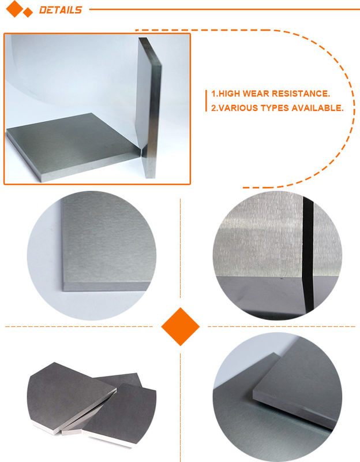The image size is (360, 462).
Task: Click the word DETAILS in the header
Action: tap(61, 10)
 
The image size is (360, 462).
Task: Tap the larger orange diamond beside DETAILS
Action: tap(14, 9)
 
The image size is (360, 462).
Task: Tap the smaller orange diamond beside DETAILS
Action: tap(28, 13)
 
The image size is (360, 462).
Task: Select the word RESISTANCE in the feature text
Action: tap(301, 94)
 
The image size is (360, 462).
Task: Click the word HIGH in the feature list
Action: tap(229, 94)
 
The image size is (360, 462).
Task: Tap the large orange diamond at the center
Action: tap(181, 326)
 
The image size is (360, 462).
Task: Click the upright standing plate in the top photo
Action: tap(149, 107)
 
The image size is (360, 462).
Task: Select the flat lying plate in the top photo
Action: tap(74, 146)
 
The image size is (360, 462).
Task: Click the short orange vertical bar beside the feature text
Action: tap(206, 100)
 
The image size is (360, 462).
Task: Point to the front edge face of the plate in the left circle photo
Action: tap(107, 286)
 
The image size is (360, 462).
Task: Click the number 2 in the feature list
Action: tap(213, 108)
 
